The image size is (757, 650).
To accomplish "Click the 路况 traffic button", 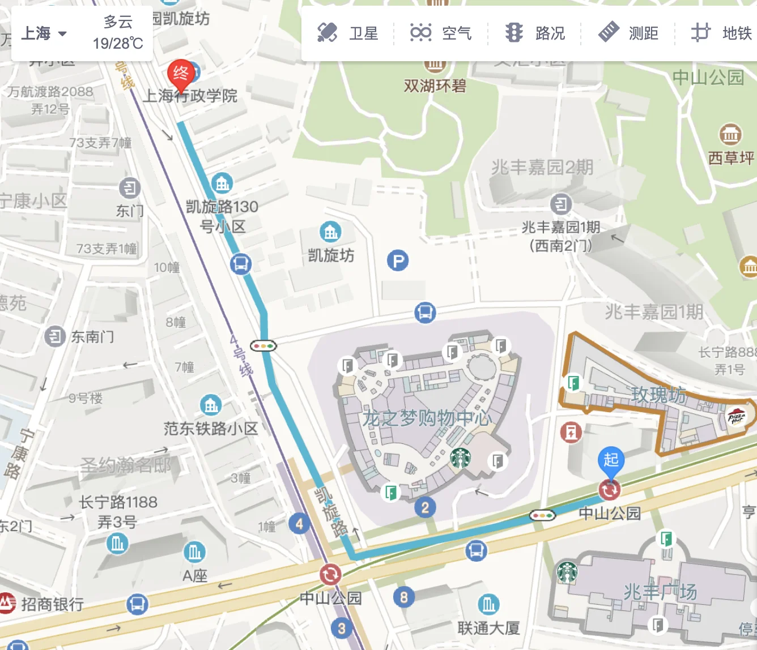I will click(535, 33).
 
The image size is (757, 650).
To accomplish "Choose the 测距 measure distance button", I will click(628, 33).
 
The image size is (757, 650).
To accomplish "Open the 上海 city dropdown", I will click(44, 33).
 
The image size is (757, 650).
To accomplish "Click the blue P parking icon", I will click(398, 261).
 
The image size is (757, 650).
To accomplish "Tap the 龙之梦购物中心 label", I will click(426, 418).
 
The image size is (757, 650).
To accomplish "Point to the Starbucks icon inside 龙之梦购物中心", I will click(461, 457).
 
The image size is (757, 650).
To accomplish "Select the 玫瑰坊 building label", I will click(658, 395).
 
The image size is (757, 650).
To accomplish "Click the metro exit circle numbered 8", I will click(403, 597).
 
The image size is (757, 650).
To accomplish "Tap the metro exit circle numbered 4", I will click(299, 524).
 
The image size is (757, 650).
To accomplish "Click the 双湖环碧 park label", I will click(435, 86).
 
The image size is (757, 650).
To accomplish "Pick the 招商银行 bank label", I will click(52, 604).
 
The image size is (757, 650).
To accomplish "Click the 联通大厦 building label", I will click(488, 628).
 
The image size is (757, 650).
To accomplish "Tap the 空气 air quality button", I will click(441, 33).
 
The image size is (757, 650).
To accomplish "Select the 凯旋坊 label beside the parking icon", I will click(331, 255).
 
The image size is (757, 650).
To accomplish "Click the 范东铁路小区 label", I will click(211, 429).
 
